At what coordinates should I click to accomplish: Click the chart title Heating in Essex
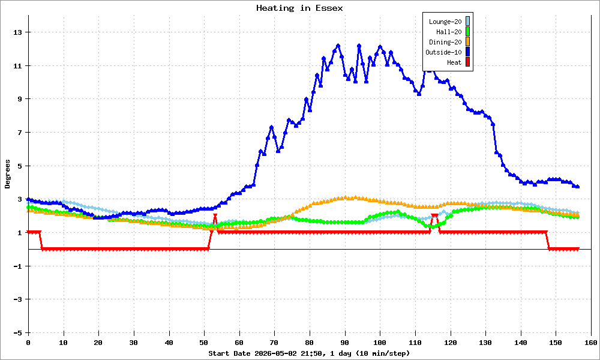click(x=299, y=8)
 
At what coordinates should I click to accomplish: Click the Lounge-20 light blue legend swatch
click(x=467, y=22)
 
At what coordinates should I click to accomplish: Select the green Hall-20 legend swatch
click(x=467, y=32)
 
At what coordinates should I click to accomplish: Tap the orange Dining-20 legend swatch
click(x=467, y=42)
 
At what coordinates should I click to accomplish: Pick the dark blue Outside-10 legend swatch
click(x=467, y=52)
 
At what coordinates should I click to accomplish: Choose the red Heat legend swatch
click(x=467, y=62)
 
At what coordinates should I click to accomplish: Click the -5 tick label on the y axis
click(x=18, y=333)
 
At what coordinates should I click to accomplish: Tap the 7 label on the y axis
click(x=20, y=133)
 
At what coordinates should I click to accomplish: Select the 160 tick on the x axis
click(x=591, y=343)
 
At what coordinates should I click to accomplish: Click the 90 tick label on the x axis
click(x=344, y=343)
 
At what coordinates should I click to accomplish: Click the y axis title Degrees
click(x=8, y=174)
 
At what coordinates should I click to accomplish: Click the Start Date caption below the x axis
click(x=309, y=353)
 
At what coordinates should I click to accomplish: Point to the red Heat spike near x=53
click(x=215, y=216)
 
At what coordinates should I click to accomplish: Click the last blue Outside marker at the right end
click(x=578, y=187)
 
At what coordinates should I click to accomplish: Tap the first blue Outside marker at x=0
click(x=28, y=199)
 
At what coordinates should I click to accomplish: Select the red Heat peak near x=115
click(x=434, y=216)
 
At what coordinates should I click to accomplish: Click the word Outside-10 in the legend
click(x=443, y=52)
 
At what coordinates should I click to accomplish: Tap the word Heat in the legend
click(x=454, y=62)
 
